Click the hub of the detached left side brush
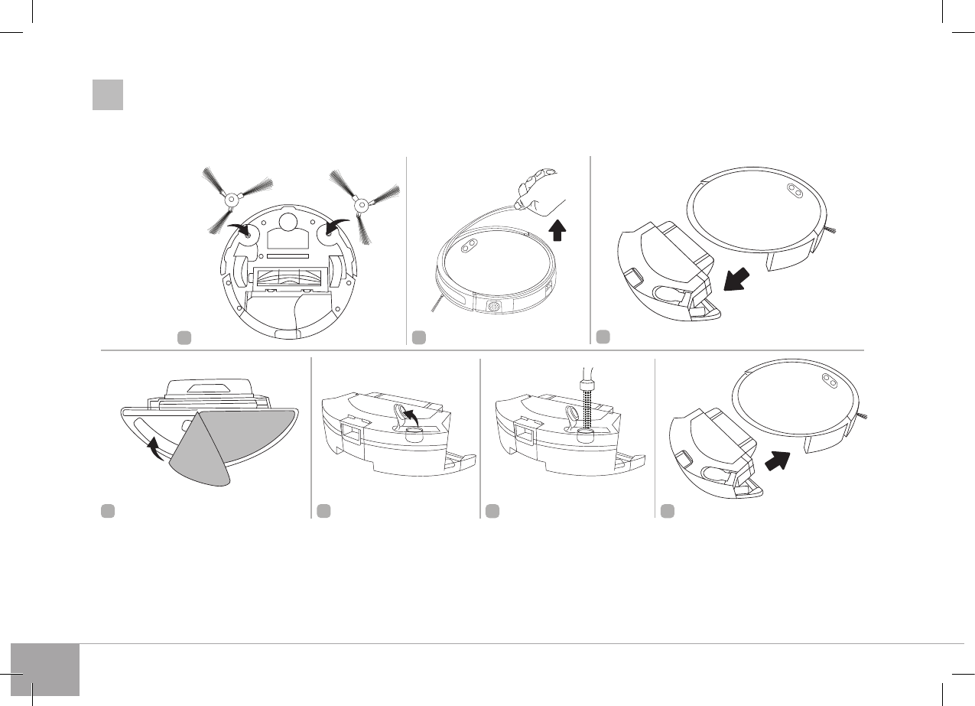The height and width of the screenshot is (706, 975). [x=228, y=200]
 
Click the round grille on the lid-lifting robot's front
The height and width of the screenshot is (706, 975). [x=494, y=306]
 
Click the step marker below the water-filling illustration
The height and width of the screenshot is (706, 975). [x=492, y=510]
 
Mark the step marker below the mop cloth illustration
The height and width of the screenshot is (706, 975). [x=108, y=510]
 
